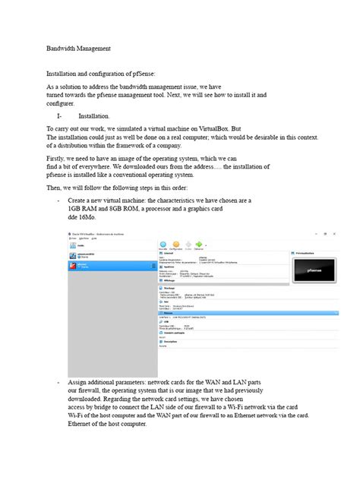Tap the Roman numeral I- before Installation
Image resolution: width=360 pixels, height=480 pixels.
coord(60,116)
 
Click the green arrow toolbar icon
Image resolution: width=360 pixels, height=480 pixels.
coord(200,242)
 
